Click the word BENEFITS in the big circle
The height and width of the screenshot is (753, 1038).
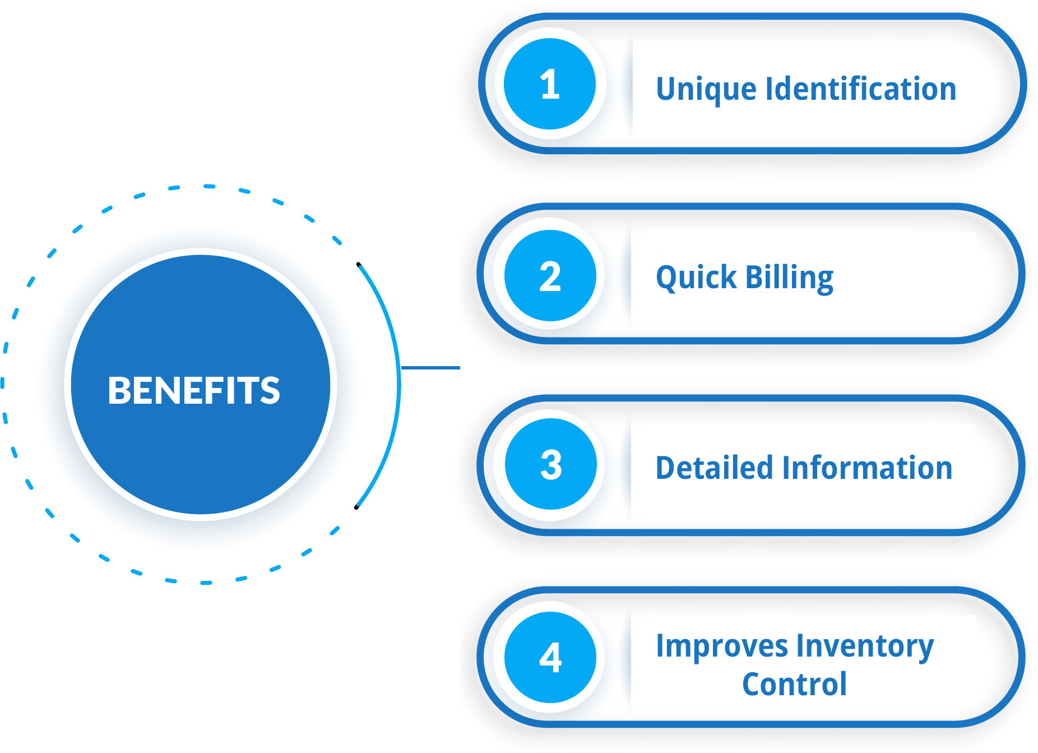pyautogui.click(x=193, y=390)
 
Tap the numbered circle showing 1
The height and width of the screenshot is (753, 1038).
pyautogui.click(x=549, y=84)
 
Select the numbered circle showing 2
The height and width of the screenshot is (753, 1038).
pyautogui.click(x=550, y=275)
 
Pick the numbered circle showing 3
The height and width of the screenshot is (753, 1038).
pyautogui.click(x=550, y=464)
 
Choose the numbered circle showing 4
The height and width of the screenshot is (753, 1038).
pyautogui.click(x=550, y=657)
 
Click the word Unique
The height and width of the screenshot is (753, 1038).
pyautogui.click(x=706, y=90)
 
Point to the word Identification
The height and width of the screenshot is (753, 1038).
pyautogui.click(x=861, y=89)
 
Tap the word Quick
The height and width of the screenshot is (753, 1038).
pyautogui.click(x=696, y=278)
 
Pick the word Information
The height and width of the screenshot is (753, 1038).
pyautogui.click(x=867, y=468)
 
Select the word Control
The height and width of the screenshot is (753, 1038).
pyautogui.click(x=794, y=684)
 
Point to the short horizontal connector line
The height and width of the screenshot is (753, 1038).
pyautogui.click(x=430, y=368)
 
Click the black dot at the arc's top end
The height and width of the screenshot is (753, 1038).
pyautogui.click(x=358, y=264)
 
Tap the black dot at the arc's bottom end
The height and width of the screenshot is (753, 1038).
pyautogui.click(x=356, y=507)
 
